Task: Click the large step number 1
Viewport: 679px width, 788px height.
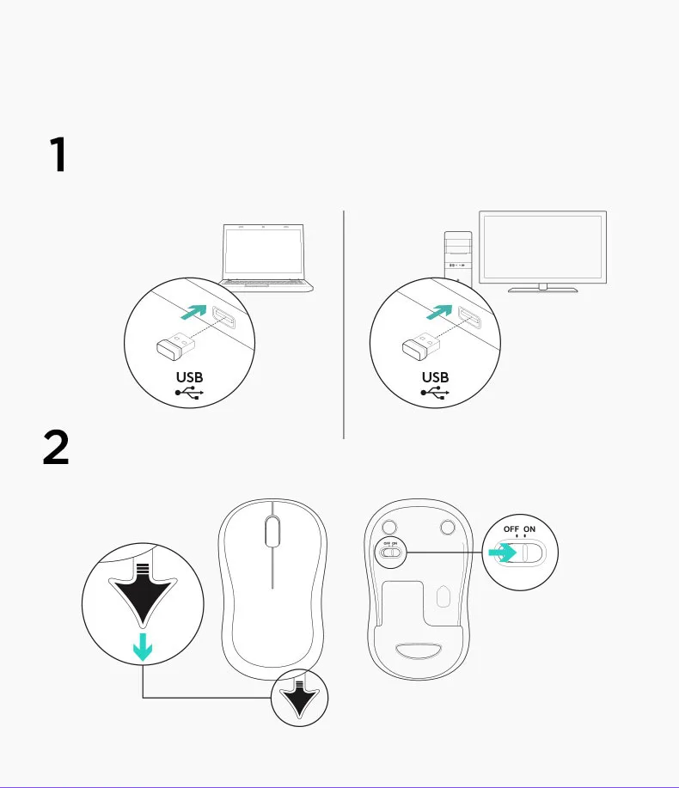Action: tap(57, 156)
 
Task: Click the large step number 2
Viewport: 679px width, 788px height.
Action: tap(56, 449)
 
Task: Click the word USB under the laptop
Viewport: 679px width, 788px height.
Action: tap(189, 376)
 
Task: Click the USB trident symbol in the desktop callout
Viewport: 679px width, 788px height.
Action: tap(436, 394)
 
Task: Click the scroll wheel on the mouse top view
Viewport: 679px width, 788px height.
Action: tap(272, 531)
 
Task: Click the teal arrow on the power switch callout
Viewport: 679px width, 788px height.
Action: tap(502, 554)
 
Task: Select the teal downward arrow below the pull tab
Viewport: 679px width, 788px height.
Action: tap(143, 649)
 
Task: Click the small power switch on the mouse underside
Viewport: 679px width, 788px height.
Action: tap(390, 554)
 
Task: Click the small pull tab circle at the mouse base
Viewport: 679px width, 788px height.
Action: tap(300, 699)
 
